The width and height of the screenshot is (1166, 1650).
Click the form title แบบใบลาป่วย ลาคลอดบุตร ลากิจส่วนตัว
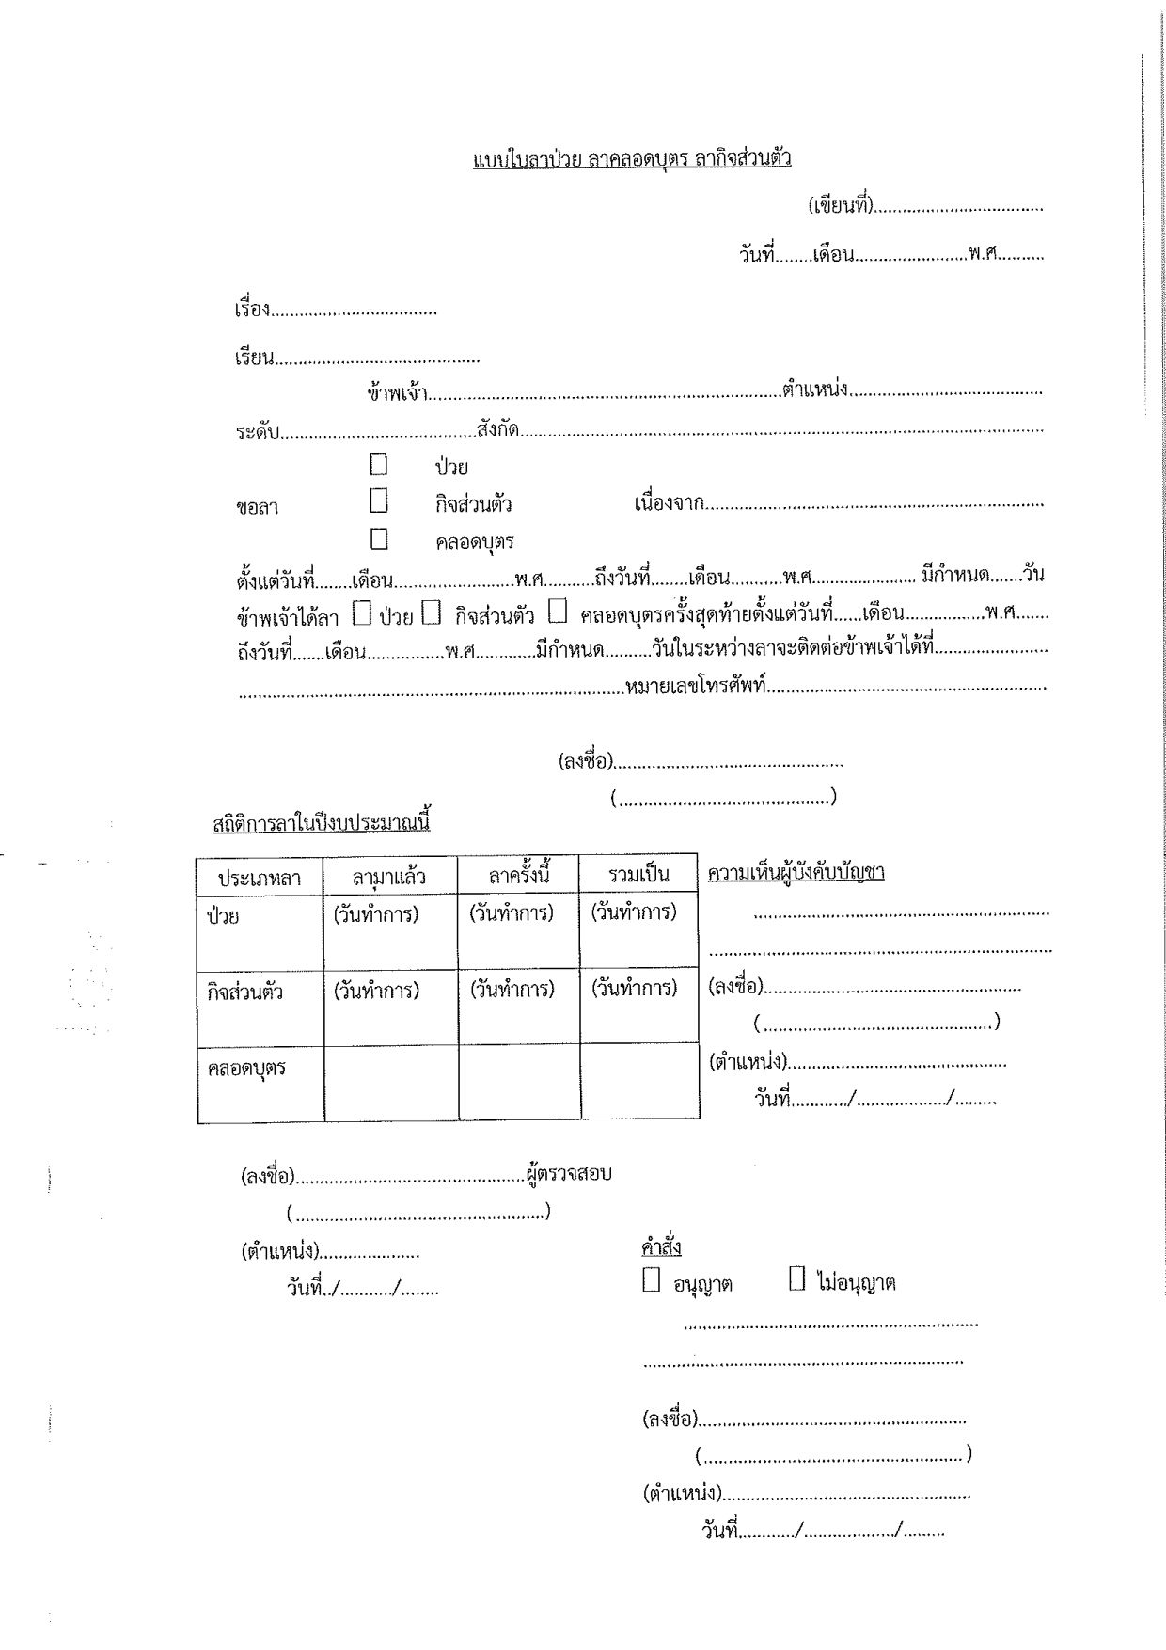pyautogui.click(x=631, y=158)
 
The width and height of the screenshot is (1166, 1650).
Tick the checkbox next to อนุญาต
pyautogui.click(x=651, y=1280)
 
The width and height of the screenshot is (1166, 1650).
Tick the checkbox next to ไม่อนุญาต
pyautogui.click(x=796, y=1279)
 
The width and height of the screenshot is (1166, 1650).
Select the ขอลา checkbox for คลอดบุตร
pyautogui.click(x=379, y=540)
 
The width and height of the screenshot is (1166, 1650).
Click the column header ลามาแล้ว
pyautogui.click(x=389, y=877)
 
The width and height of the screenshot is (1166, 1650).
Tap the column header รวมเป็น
pyautogui.click(x=638, y=875)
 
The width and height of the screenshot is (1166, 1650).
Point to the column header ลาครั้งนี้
pyautogui.click(x=518, y=876)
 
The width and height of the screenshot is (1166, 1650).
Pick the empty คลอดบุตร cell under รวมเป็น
pyautogui.click(x=639, y=1082)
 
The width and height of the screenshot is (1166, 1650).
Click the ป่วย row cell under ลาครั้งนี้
pyautogui.click(x=518, y=931)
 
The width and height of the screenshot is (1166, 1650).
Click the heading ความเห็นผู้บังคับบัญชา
pyautogui.click(x=796, y=873)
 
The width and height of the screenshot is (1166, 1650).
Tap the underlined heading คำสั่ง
pyautogui.click(x=661, y=1247)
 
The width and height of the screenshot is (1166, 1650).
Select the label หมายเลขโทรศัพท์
pyautogui.click(x=696, y=687)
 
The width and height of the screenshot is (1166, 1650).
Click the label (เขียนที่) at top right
pyautogui.click(x=842, y=206)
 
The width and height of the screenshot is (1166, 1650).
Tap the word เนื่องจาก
pyautogui.click(x=670, y=503)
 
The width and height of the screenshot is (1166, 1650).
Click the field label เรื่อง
pyautogui.click(x=253, y=309)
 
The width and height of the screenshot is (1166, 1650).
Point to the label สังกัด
pyautogui.click(x=499, y=430)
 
